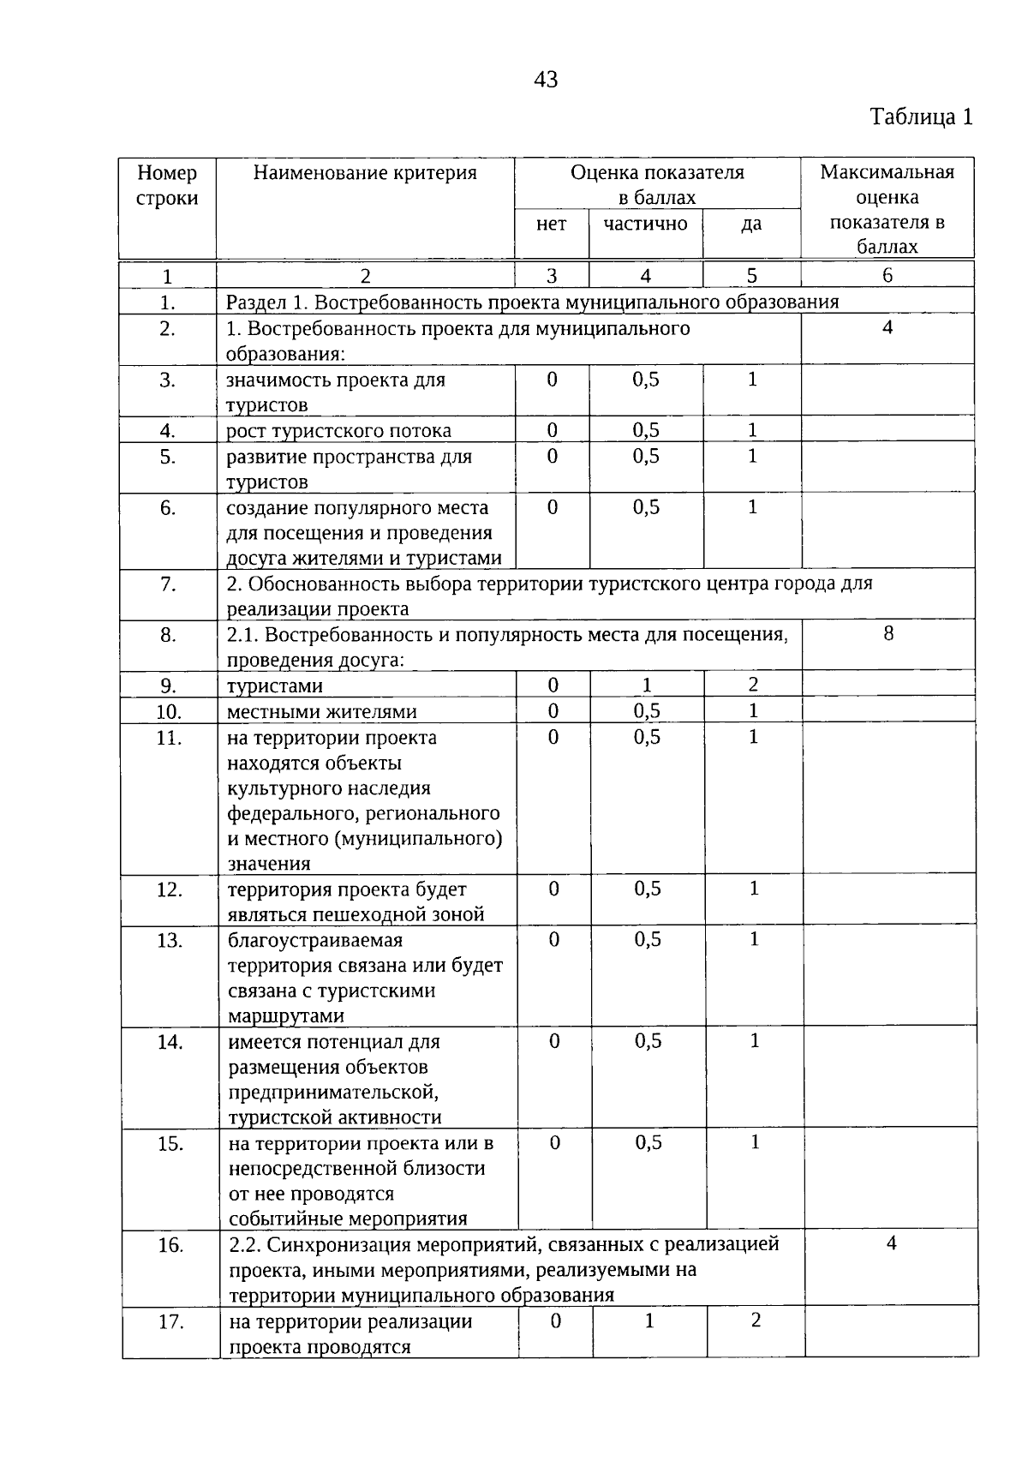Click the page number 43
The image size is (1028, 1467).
click(x=546, y=80)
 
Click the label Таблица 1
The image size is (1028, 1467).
click(x=922, y=117)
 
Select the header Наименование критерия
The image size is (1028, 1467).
click(x=365, y=173)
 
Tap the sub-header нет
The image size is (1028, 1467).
click(x=551, y=224)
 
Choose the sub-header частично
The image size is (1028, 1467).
click(x=645, y=224)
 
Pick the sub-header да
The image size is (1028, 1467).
click(x=751, y=224)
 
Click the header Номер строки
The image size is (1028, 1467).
click(x=167, y=185)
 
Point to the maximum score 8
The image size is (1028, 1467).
click(x=888, y=633)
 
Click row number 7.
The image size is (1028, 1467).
click(x=167, y=584)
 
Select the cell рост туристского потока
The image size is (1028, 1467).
click(x=338, y=430)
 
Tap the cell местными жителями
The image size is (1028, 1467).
click(x=322, y=711)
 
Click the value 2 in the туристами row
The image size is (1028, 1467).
click(x=753, y=685)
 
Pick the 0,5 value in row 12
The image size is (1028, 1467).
click(x=648, y=889)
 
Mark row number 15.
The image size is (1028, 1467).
click(x=170, y=1143)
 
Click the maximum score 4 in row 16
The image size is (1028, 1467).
click(x=891, y=1243)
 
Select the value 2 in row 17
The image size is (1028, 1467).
click(x=756, y=1320)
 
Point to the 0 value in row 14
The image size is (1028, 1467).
click(x=554, y=1041)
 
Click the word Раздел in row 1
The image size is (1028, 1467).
click(x=254, y=302)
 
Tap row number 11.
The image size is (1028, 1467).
click(x=169, y=738)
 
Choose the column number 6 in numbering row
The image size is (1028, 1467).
click(x=888, y=275)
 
